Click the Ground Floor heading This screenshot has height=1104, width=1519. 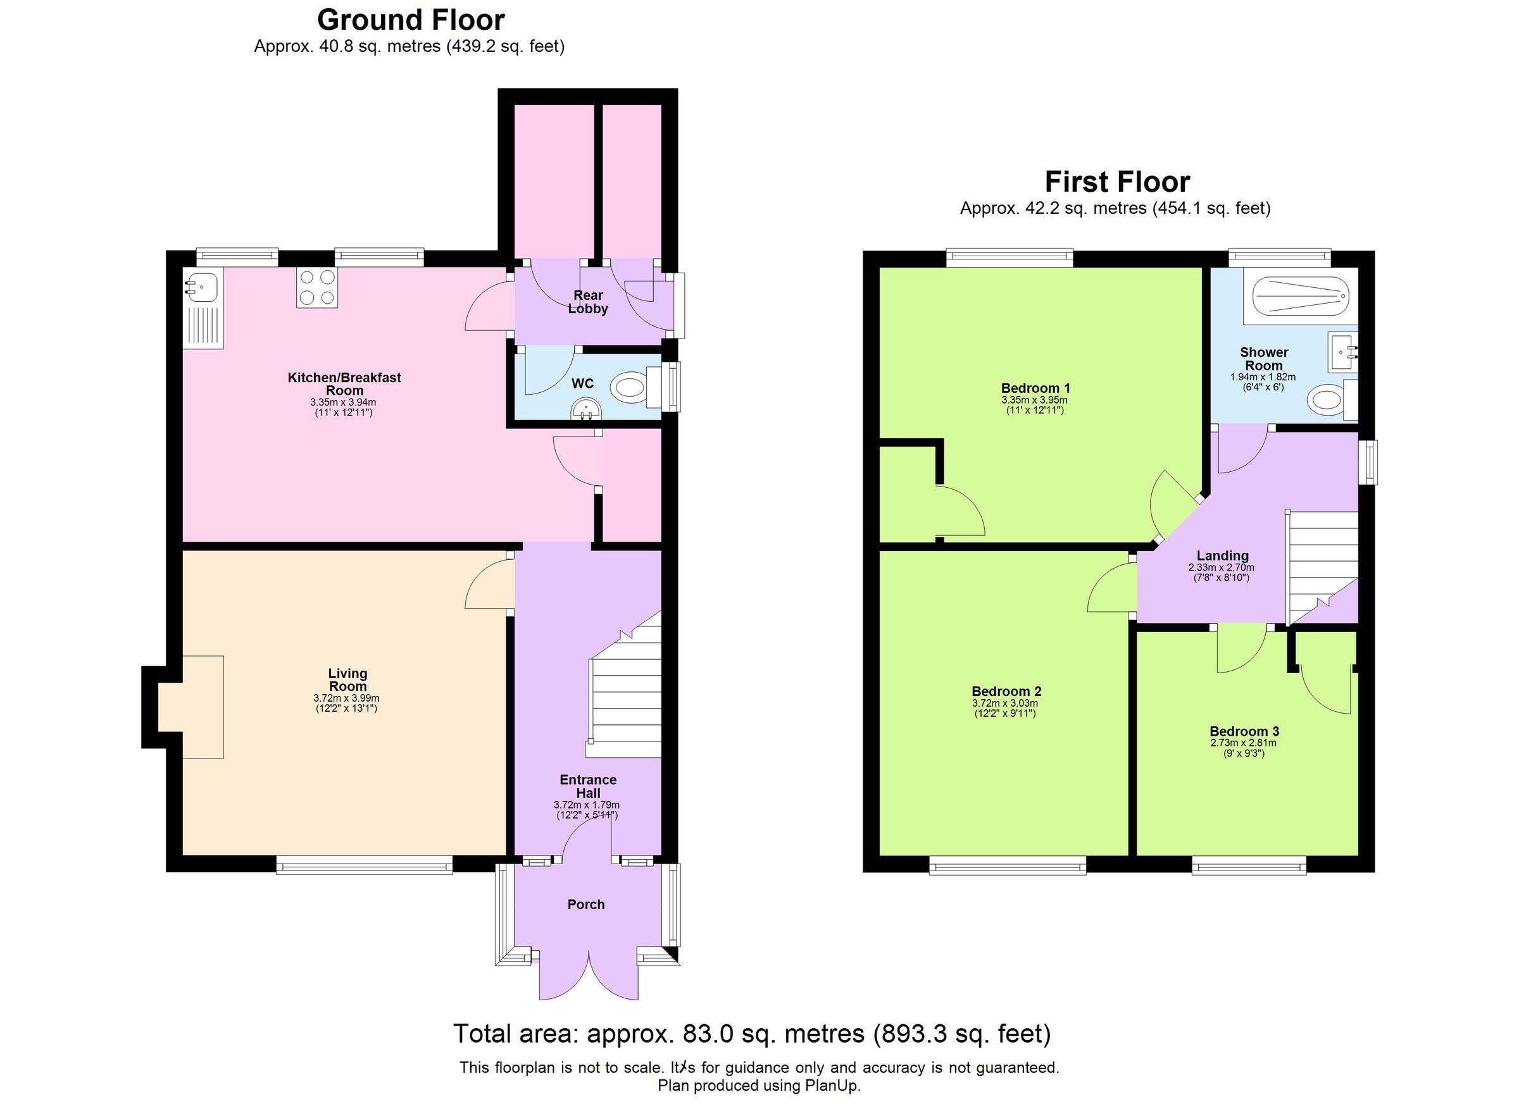click(410, 20)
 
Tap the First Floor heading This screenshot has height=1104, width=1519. click(1117, 182)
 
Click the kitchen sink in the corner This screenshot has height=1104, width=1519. click(202, 287)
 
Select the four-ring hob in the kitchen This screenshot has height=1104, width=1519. click(317, 287)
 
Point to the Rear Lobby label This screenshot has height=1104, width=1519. click(587, 302)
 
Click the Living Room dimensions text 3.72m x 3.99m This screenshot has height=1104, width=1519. click(346, 698)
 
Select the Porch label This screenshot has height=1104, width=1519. click(586, 905)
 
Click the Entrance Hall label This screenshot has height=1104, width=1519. click(587, 786)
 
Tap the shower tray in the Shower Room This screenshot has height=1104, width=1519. click(1300, 296)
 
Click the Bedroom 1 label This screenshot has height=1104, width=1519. click(1035, 388)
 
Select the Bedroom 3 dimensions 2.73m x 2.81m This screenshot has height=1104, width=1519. click(1244, 743)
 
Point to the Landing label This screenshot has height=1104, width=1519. click(1222, 555)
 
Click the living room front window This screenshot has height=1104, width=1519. click(365, 867)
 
